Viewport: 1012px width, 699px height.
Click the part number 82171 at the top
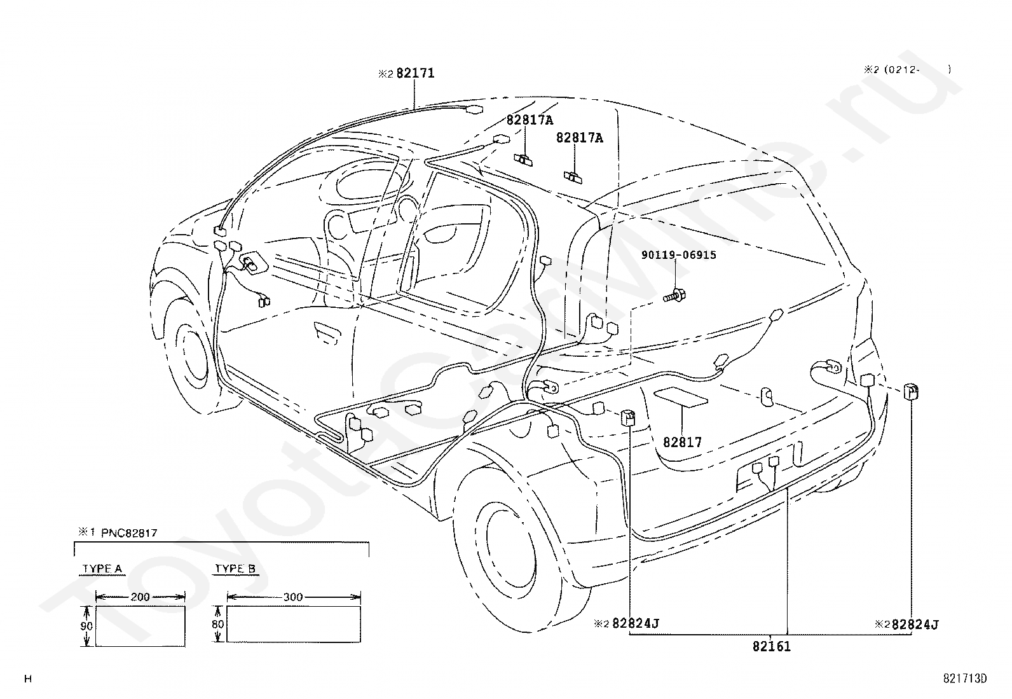pos(415,73)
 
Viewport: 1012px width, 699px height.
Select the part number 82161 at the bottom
pos(772,647)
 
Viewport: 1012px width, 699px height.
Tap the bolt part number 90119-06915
pos(678,255)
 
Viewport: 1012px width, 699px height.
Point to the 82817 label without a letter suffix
pos(682,442)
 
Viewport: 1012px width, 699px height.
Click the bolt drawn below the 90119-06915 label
pos(674,296)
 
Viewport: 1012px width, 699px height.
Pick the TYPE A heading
pos(102,569)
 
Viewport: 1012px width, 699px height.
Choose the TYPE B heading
pos(235,569)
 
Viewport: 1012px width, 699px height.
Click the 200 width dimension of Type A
pos(140,597)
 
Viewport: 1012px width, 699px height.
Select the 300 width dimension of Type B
pos(293,597)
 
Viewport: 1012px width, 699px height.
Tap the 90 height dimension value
pos(86,626)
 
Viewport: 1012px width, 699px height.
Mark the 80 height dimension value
pos(218,624)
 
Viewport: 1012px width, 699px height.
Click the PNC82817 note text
pos(129,533)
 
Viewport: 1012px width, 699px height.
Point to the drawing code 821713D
pos(964,678)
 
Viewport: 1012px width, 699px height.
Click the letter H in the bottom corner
pos(28,679)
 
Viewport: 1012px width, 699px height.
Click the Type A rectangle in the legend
pos(140,626)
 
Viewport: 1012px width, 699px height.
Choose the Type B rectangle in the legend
pos(294,624)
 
